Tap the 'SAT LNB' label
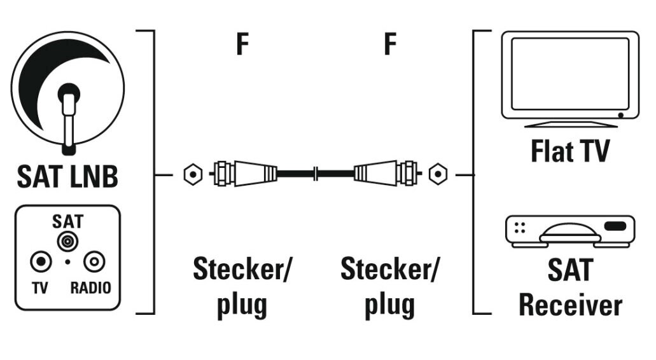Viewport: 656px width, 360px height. click(66, 177)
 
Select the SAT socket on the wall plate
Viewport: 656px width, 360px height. click(66, 240)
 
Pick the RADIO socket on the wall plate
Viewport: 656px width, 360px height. click(92, 260)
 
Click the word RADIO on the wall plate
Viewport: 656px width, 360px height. click(90, 288)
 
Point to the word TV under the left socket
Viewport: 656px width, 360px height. click(40, 288)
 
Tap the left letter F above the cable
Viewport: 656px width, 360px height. click(242, 46)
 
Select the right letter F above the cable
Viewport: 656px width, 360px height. click(390, 46)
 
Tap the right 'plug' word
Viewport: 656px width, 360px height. click(389, 305)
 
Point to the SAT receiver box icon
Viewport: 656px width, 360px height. click(569, 231)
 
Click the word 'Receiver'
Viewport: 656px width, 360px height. click(569, 305)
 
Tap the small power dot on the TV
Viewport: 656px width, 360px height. click(620, 115)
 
